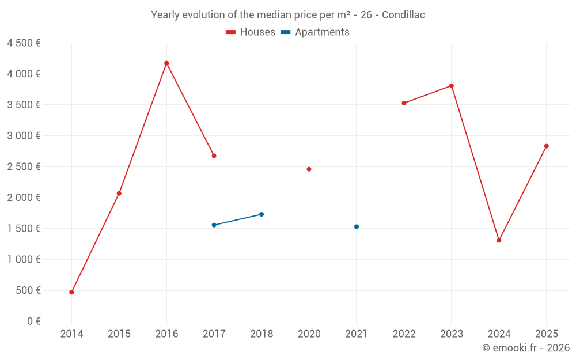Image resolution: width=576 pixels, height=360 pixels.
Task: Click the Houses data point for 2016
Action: click(166, 63)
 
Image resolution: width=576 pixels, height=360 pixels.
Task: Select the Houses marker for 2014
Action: click(71, 292)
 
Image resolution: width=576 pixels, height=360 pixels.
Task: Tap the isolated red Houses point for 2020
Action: click(309, 169)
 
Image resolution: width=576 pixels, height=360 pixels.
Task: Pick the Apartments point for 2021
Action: click(357, 226)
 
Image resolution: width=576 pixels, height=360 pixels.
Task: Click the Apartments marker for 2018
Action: click(262, 214)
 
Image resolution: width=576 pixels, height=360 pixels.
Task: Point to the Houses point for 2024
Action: click(499, 240)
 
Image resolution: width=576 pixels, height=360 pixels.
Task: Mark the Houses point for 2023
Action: click(452, 86)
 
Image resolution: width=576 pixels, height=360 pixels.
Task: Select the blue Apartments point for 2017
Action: click(214, 225)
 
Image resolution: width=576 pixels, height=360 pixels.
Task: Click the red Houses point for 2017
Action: click(214, 156)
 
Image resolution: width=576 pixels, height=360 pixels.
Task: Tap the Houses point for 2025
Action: click(546, 146)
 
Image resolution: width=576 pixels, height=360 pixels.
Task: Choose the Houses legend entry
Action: click(251, 32)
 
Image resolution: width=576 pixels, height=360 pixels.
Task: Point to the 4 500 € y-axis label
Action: click(24, 43)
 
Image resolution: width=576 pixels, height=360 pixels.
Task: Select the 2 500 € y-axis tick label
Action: click(24, 167)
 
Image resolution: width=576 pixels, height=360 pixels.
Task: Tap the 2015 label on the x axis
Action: click(119, 334)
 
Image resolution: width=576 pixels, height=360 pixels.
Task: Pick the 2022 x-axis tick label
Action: click(404, 334)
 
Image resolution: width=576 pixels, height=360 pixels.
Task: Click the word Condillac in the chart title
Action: click(403, 15)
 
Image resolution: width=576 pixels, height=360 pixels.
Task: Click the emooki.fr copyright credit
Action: click(525, 348)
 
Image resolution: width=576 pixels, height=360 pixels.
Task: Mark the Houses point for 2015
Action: click(119, 193)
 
